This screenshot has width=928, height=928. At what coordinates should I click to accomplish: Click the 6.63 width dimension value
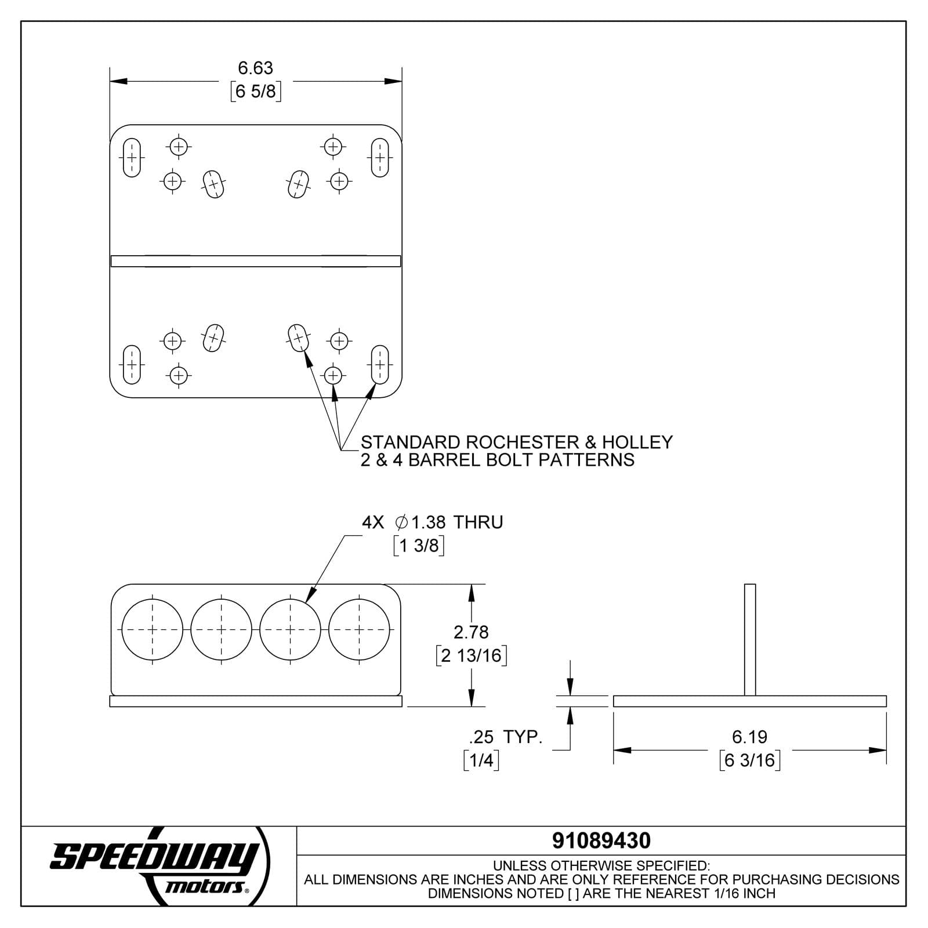point(255,68)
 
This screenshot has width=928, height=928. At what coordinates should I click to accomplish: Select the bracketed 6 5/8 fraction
point(256,92)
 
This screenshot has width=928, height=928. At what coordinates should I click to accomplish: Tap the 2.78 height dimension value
point(471,632)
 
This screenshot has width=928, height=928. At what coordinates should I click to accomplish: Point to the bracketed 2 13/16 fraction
point(472,655)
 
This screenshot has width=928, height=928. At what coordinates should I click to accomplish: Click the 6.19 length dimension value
point(749,737)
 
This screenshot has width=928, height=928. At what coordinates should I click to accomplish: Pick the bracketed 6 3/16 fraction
point(749,760)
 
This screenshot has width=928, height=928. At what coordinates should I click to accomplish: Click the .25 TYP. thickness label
point(505,737)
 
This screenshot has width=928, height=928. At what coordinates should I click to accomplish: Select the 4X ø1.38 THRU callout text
point(432,522)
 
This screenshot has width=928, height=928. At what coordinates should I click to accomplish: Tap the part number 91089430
point(601,840)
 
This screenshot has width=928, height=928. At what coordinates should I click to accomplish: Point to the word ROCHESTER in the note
point(522,443)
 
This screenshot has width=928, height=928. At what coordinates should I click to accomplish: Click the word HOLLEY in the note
point(637,443)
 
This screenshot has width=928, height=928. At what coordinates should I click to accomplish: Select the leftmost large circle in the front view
point(153,629)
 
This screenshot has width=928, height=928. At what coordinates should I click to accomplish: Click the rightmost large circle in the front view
point(359,629)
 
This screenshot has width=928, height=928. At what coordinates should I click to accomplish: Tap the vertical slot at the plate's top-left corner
point(132,158)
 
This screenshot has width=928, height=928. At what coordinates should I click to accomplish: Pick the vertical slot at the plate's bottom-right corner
point(380,364)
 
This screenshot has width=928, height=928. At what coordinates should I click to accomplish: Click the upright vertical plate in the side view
point(749,639)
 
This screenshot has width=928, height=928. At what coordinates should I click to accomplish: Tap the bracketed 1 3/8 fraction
point(419,546)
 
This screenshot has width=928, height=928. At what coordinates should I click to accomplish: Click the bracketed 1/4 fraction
point(481,760)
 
